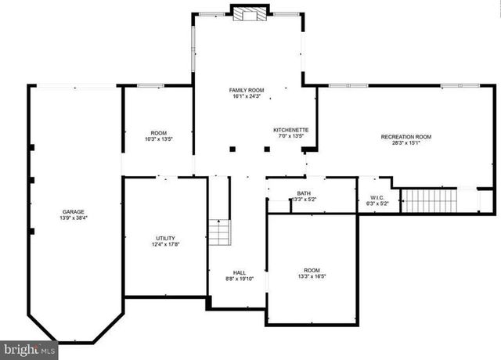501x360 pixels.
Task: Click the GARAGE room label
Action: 74,212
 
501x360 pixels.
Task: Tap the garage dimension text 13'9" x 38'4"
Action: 74,219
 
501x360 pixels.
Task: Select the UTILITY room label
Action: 165,238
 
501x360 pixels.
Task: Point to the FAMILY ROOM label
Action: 246,90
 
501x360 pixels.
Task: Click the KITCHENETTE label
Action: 290,129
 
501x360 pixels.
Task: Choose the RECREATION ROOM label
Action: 405,137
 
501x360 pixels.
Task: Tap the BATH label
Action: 303,193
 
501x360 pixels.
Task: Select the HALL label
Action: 240,272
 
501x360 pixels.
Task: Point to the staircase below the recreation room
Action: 428,200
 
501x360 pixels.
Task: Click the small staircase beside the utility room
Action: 220,233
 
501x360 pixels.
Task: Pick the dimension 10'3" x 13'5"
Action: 158,139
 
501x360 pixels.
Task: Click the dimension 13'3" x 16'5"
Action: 311,276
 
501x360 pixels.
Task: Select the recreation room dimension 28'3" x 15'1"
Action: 405,143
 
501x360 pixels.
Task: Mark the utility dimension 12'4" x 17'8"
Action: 165,245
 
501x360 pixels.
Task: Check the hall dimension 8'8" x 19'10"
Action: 240,279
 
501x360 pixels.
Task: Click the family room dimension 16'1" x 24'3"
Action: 246,96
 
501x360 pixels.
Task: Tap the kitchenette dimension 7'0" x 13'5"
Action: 290,136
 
